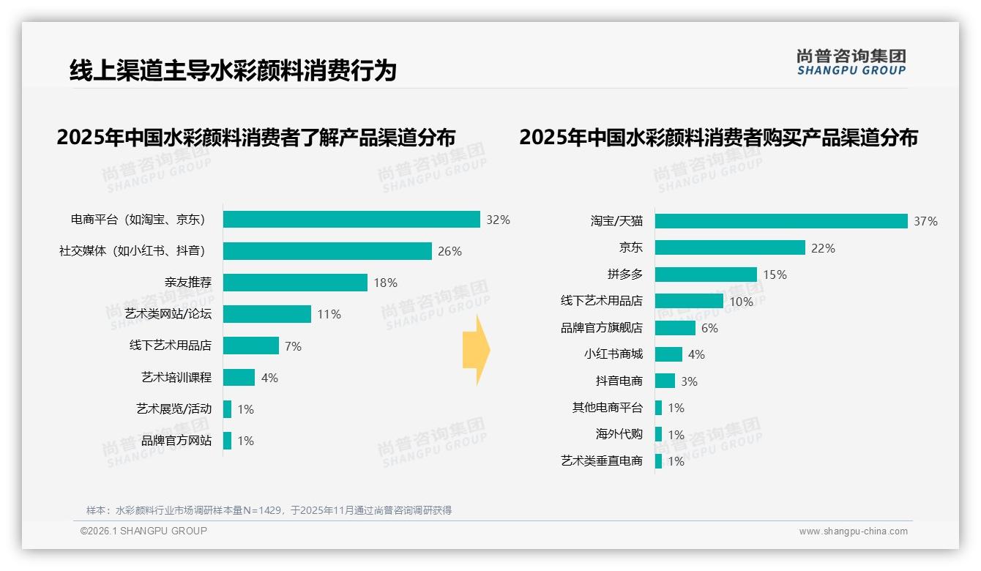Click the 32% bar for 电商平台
tap(351, 220)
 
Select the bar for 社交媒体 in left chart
tap(327, 251)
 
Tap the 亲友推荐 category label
tap(188, 283)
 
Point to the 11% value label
tap(329, 315)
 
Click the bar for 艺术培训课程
tap(239, 378)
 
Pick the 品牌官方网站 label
tap(176, 441)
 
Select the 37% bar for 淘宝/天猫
tap(781, 221)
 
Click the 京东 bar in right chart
tap(730, 248)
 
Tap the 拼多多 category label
tap(624, 275)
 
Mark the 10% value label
tap(741, 302)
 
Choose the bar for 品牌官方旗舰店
tap(675, 328)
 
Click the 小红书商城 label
tap(613, 354)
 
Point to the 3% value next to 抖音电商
tap(688, 381)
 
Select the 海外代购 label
tap(619, 434)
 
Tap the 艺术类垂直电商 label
tap(601, 461)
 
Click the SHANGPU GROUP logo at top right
tap(851, 61)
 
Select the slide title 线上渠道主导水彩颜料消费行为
tap(233, 70)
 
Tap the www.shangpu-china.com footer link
tap(853, 531)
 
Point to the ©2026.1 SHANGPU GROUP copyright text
tap(143, 531)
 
